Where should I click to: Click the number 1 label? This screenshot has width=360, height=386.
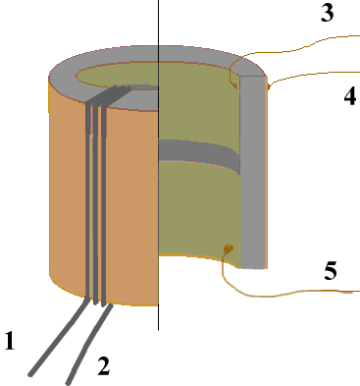10,341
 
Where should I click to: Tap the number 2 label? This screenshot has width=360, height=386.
104,365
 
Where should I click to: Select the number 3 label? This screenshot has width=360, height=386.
328,13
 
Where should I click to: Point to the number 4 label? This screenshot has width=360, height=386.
350,96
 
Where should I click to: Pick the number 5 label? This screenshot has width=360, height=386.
331,271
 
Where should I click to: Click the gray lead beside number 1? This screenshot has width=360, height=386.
59,337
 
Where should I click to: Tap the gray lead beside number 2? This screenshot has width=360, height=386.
88,344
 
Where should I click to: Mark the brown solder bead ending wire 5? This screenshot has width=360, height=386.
229,248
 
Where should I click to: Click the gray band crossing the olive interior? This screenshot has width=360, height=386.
199,153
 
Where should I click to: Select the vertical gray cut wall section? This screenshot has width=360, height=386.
253,173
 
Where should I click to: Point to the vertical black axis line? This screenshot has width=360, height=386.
159,165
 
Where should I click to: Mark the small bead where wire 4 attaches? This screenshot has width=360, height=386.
269,86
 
